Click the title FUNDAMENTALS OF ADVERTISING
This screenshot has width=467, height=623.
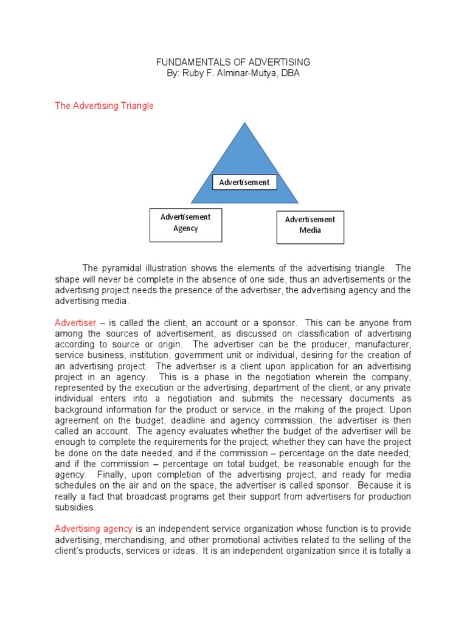pos(233,62)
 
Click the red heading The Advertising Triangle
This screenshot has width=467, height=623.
pos(104,106)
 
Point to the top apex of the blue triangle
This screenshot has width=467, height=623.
pos(245,124)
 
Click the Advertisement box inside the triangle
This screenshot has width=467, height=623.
pos(244,182)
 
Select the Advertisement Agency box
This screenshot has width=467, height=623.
pos(185,223)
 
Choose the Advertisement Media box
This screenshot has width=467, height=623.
pos(310,225)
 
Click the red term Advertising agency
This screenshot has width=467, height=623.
pos(94,529)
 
